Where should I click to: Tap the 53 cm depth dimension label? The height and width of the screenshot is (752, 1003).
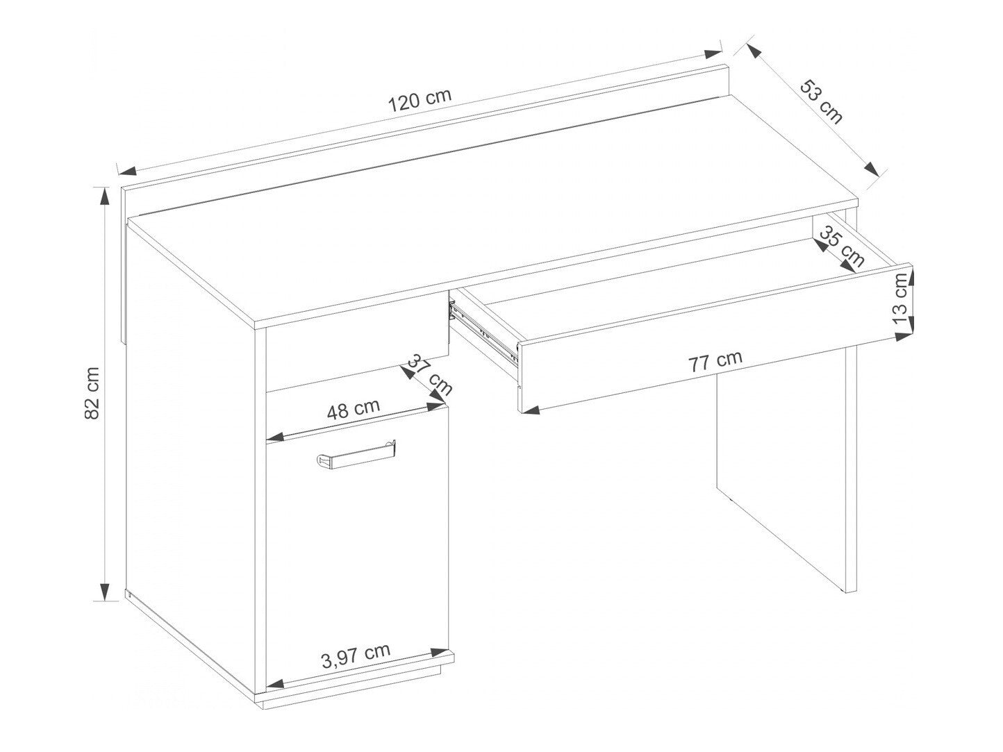pyautogui.click(x=821, y=102)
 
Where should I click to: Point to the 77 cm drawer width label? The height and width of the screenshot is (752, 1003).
pyautogui.click(x=715, y=361)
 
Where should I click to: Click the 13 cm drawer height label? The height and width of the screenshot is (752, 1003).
pyautogui.click(x=901, y=299)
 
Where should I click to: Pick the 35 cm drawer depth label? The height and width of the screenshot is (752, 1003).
pyautogui.click(x=841, y=247)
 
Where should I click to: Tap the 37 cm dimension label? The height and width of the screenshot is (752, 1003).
pyautogui.click(x=429, y=374)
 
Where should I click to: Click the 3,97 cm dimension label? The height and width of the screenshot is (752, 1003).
pyautogui.click(x=356, y=654)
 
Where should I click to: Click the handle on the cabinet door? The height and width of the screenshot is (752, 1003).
pyautogui.click(x=356, y=455)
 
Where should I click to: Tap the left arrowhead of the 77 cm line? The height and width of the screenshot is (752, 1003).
pyautogui.click(x=530, y=410)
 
